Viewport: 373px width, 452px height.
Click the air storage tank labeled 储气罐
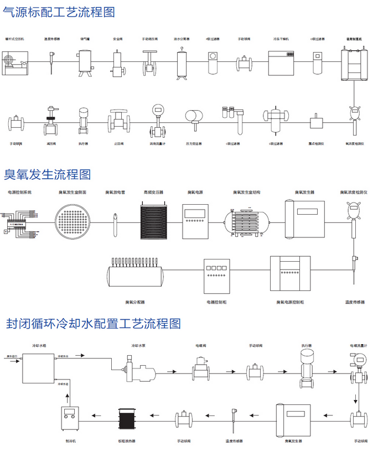pos(85,60)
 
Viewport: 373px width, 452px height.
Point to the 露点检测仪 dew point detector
pos(316,122)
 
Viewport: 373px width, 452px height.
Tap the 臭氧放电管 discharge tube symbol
pos(115,221)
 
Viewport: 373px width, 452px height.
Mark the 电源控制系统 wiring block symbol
pos(19,221)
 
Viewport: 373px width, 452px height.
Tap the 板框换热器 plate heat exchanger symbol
pos(127,417)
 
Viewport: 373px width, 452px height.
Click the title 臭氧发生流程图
pos(48,174)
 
